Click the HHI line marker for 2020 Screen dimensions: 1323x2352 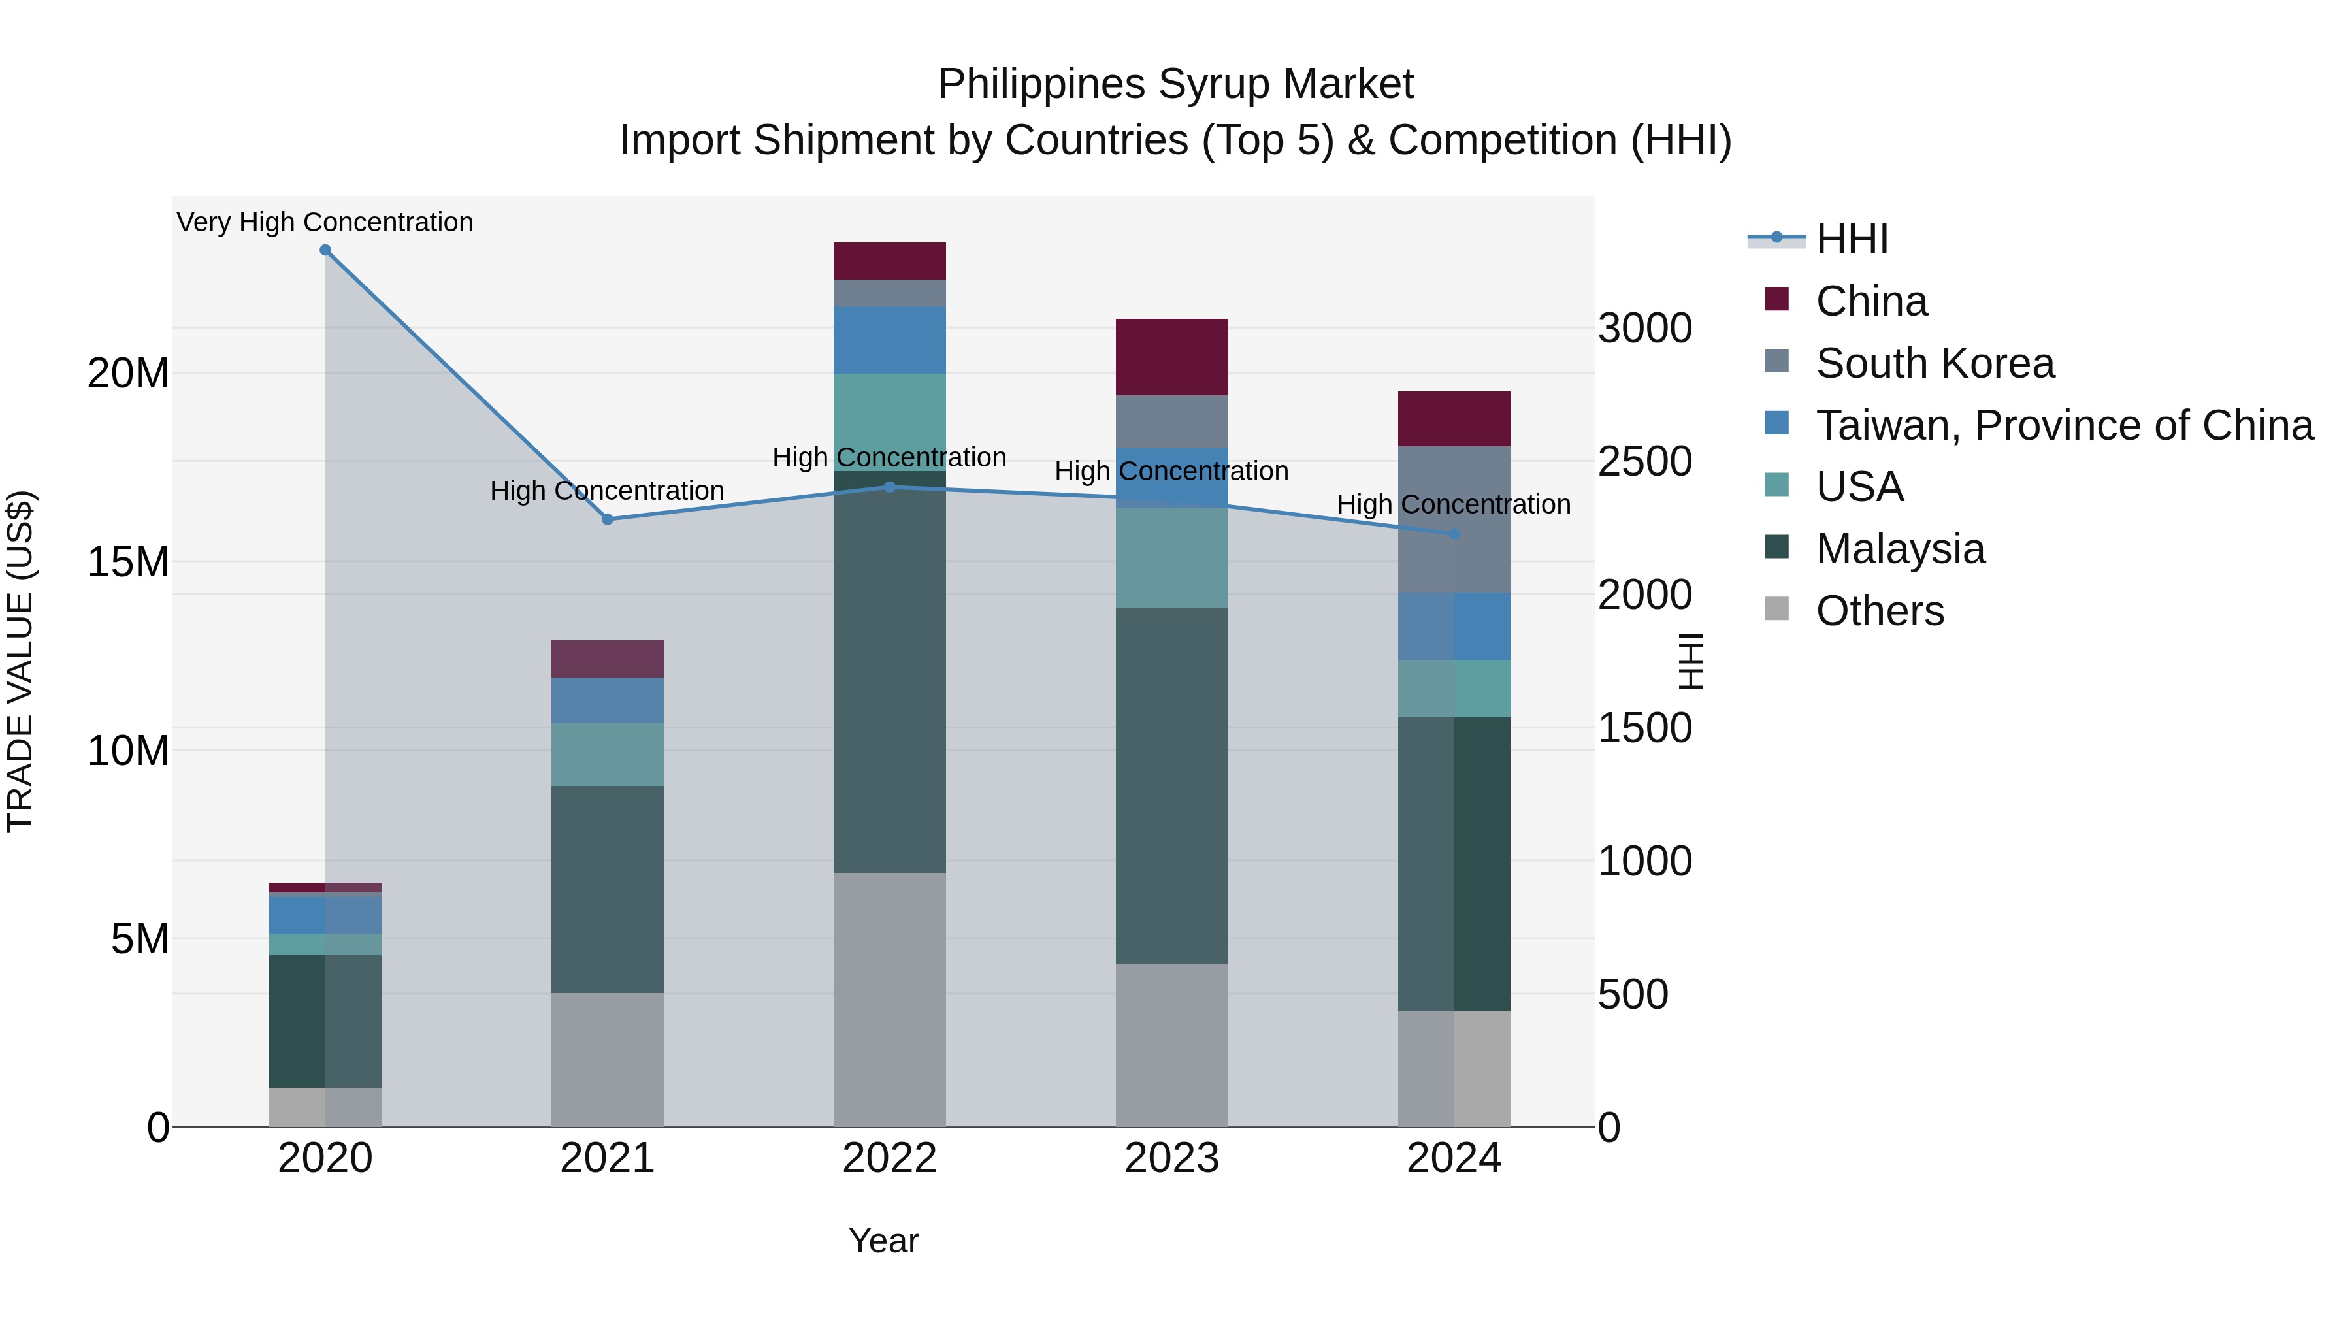(x=325, y=250)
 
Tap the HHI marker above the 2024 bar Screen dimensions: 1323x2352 (x=1454, y=534)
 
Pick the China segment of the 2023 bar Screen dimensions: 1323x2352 (x=1171, y=357)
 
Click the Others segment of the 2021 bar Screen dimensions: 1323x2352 (x=607, y=1059)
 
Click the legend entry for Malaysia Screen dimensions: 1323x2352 (x=1899, y=549)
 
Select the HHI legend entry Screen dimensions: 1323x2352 (x=1851, y=239)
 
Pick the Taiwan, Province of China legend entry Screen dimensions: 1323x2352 (x=2063, y=425)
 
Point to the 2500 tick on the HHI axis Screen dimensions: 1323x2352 (x=1644, y=462)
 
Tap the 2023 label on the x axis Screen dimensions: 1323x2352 (x=1171, y=1158)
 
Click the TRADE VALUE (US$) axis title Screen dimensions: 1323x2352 (x=20, y=661)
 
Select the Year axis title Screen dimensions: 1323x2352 (x=883, y=1241)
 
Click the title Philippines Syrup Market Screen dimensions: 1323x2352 (x=1175, y=84)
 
